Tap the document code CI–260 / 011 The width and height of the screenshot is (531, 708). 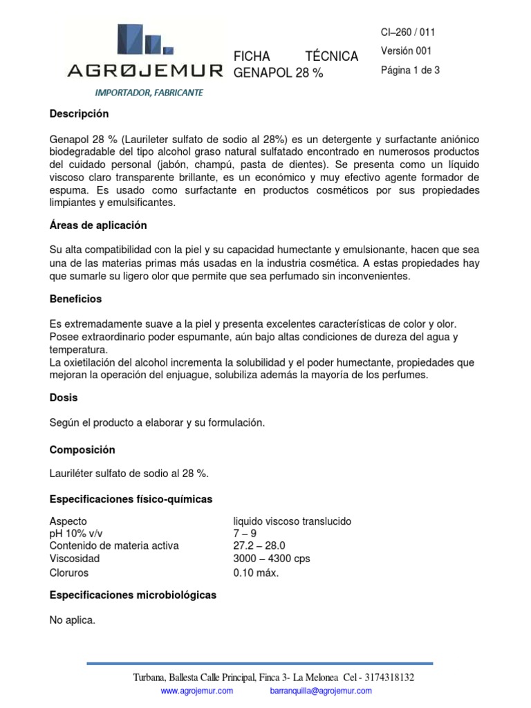point(408,32)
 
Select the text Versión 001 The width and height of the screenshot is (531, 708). point(406,50)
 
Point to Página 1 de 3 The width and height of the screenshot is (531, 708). point(410,70)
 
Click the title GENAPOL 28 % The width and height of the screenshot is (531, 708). point(279,73)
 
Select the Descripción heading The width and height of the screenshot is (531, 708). point(79,113)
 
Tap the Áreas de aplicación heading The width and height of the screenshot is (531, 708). point(98,225)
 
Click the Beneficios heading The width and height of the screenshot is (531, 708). point(75,299)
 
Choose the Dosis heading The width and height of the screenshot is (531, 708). point(64,398)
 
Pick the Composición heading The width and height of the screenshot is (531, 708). point(82,449)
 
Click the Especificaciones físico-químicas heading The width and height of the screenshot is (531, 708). point(131,499)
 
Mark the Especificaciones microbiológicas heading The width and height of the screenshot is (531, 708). point(133,595)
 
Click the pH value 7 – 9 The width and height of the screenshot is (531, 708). point(245,533)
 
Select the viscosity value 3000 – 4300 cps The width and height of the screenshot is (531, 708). point(272,558)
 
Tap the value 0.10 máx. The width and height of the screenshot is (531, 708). point(256,572)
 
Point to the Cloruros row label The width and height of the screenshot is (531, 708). point(69,572)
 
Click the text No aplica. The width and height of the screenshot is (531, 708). point(72,620)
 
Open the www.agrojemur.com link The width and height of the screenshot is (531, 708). point(197,691)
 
